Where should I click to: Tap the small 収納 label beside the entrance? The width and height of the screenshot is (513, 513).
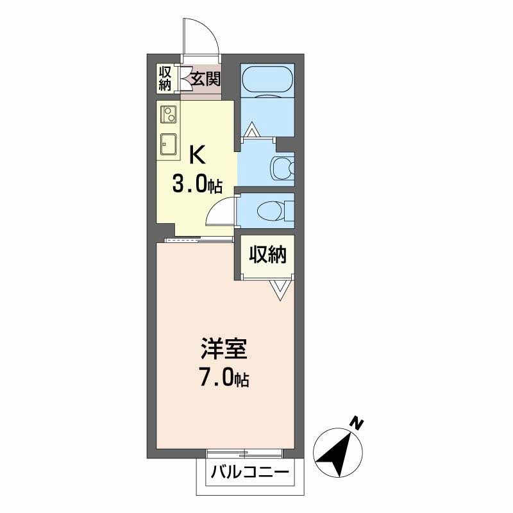pyautogui.click(x=165, y=78)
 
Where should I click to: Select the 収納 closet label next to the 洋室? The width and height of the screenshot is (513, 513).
pyautogui.click(x=267, y=255)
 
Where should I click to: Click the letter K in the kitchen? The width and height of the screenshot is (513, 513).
pyautogui.click(x=198, y=155)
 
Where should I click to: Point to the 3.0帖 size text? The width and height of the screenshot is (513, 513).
pyautogui.click(x=196, y=185)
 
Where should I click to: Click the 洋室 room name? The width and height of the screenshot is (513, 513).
pyautogui.click(x=224, y=351)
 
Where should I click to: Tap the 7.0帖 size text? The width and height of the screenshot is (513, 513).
pyautogui.click(x=224, y=378)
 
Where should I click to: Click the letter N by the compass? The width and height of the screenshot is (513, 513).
pyautogui.click(x=357, y=424)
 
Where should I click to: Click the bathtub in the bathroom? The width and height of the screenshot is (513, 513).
pyautogui.click(x=267, y=80)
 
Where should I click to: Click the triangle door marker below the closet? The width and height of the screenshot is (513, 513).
pyautogui.click(x=280, y=290)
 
